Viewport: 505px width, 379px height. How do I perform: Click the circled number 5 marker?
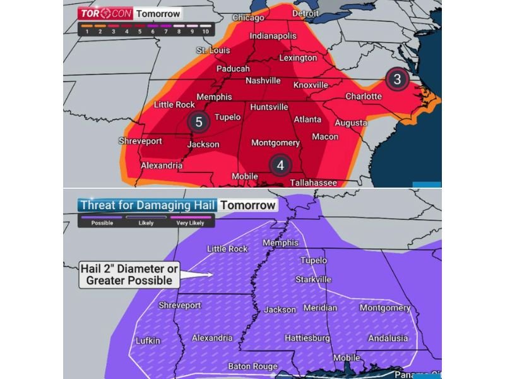[198, 122]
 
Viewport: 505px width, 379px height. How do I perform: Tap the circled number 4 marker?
[280, 164]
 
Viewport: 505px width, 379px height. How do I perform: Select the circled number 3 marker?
[397, 79]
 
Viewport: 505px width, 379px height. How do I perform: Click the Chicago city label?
[248, 18]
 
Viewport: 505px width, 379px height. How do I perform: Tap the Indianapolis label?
[273, 36]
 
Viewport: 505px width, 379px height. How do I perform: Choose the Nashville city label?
[263, 80]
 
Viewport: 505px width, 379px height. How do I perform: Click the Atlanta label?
[307, 119]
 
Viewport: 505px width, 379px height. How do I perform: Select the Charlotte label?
[364, 97]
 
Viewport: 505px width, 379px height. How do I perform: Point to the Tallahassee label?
[313, 183]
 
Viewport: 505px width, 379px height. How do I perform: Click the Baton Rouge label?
[252, 366]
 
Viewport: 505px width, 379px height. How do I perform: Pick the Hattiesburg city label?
[307, 338]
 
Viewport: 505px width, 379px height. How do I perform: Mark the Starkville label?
[313, 279]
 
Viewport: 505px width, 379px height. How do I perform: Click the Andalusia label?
[388, 338]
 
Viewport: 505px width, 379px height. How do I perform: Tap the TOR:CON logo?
[97, 13]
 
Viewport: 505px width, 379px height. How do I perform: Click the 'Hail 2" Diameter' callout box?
[129, 274]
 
